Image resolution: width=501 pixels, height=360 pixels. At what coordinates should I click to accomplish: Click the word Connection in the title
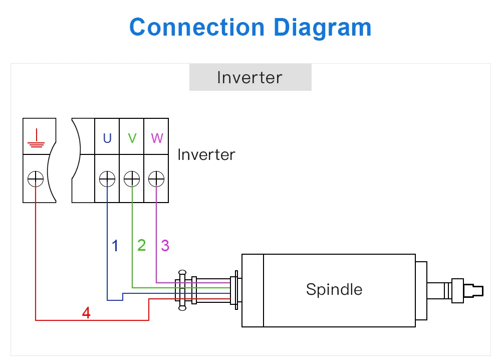(x=197, y=27)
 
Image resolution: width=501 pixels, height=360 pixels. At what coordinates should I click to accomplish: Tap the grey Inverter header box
(x=250, y=77)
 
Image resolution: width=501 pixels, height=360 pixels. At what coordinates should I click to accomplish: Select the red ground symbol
(x=37, y=138)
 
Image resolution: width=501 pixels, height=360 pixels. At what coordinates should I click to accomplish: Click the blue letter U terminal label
(x=107, y=138)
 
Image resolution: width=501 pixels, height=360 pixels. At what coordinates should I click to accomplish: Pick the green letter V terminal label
(x=132, y=138)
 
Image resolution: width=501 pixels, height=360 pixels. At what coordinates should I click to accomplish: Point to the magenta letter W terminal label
(x=157, y=138)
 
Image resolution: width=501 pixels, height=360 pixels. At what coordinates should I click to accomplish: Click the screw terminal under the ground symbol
(x=36, y=178)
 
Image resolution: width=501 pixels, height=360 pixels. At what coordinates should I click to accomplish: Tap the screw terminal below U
(x=107, y=178)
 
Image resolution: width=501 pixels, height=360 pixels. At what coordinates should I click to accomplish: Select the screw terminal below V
(x=132, y=178)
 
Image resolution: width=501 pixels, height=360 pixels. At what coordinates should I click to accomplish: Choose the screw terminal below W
(x=156, y=178)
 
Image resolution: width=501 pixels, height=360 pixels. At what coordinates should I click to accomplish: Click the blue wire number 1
(x=115, y=246)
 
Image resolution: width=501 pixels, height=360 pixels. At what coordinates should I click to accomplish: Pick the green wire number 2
(x=142, y=245)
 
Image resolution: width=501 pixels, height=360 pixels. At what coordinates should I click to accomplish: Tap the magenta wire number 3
(x=165, y=246)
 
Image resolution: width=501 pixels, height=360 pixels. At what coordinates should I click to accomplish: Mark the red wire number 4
(x=86, y=313)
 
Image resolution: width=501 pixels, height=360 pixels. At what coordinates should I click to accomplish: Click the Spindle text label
(x=334, y=290)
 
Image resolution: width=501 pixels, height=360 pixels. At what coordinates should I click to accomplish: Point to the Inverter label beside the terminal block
(x=206, y=155)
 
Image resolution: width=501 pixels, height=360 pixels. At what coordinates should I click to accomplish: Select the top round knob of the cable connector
(x=182, y=273)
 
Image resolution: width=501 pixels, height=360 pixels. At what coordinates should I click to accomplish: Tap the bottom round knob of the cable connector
(x=182, y=308)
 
